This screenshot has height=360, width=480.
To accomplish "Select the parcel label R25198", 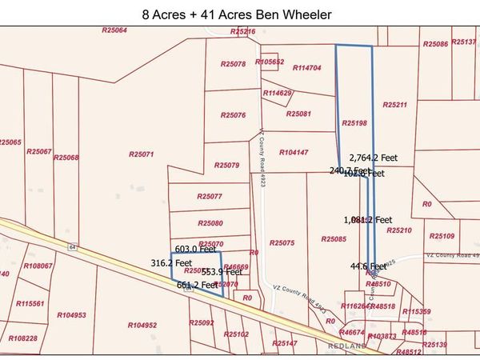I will (x=354, y=123).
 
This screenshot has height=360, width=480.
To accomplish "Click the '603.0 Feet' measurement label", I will (x=196, y=250).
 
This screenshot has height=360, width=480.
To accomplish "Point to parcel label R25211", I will (x=395, y=105).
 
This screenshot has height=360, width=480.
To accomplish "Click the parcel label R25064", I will (x=114, y=30).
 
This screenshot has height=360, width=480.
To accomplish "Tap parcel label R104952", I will (x=142, y=326).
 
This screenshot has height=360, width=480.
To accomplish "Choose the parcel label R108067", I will (x=38, y=266).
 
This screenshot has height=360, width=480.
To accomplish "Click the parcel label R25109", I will (x=442, y=236).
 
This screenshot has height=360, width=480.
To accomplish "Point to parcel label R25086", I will (x=435, y=44).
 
